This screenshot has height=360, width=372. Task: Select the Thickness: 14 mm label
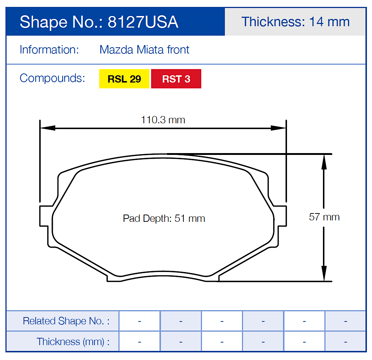[x=295, y=22]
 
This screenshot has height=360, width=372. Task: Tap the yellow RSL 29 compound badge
[x=124, y=79]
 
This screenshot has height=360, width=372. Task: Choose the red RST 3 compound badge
[x=176, y=79]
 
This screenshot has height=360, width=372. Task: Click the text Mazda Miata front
[x=144, y=49]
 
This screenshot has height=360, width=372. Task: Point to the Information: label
[x=49, y=49]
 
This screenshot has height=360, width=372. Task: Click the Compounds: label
[x=52, y=78]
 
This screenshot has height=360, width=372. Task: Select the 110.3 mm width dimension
[x=163, y=120]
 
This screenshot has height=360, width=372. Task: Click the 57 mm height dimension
[x=324, y=217]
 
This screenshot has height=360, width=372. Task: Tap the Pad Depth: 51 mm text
[x=164, y=219]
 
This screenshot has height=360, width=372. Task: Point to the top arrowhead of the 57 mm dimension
[x=324, y=162]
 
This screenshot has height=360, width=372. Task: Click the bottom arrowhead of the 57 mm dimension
[x=324, y=273]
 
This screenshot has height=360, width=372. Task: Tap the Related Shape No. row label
[x=66, y=321]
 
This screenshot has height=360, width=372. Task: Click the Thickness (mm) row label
[x=73, y=342]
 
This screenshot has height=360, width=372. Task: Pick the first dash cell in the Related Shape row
[x=139, y=321]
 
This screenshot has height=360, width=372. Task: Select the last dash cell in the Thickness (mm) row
[x=345, y=342]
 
